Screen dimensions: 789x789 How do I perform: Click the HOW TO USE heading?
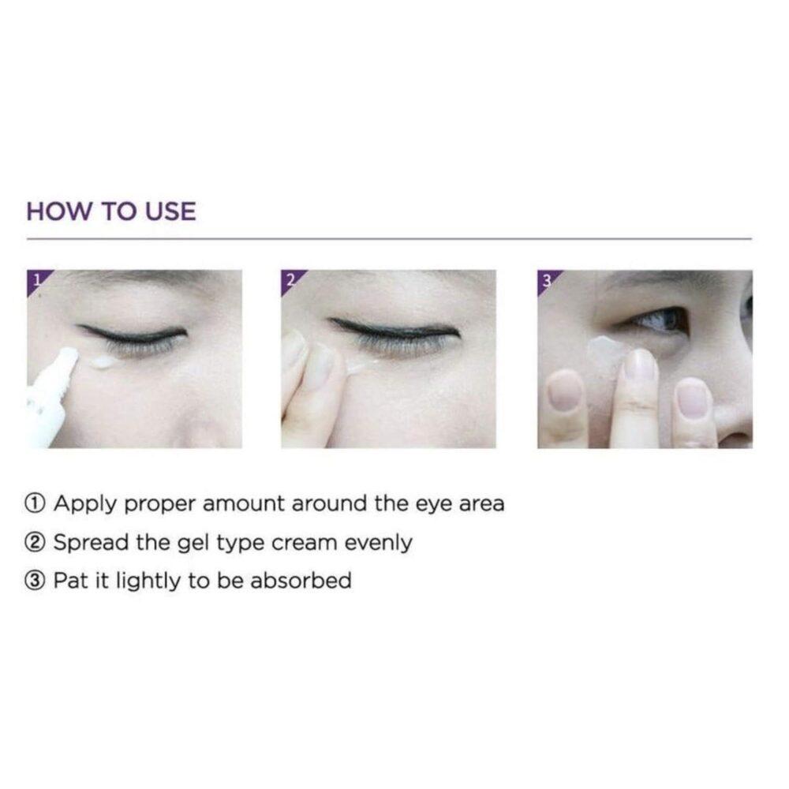click(x=111, y=211)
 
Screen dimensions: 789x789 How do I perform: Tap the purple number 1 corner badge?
click(x=36, y=279)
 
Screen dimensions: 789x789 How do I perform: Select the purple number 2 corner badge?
click(x=290, y=279)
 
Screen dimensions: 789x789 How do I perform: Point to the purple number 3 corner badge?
click(x=547, y=279)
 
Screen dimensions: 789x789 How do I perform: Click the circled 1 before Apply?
click(x=36, y=503)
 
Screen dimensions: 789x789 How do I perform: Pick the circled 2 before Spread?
click(x=36, y=543)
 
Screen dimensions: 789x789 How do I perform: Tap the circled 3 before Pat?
click(x=36, y=581)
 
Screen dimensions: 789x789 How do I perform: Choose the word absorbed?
click(x=301, y=581)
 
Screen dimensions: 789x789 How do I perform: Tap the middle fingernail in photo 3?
click(x=639, y=365)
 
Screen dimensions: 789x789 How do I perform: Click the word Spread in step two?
click(x=91, y=544)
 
